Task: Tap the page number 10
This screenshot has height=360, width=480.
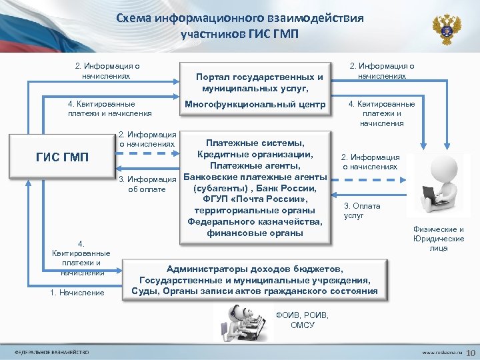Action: click(469, 351)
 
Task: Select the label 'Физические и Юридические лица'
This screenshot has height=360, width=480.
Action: click(439, 239)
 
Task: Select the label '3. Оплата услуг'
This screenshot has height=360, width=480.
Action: click(363, 211)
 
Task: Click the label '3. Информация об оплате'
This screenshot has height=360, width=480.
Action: click(146, 184)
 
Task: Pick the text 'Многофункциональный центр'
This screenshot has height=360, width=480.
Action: click(255, 105)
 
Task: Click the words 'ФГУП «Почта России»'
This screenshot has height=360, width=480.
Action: click(255, 199)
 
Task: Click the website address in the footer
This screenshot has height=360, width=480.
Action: click(437, 351)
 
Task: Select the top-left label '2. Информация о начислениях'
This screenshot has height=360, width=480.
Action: click(107, 71)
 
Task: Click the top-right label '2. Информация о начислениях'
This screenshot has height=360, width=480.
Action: click(382, 71)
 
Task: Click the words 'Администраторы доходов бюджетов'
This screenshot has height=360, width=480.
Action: click(255, 269)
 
